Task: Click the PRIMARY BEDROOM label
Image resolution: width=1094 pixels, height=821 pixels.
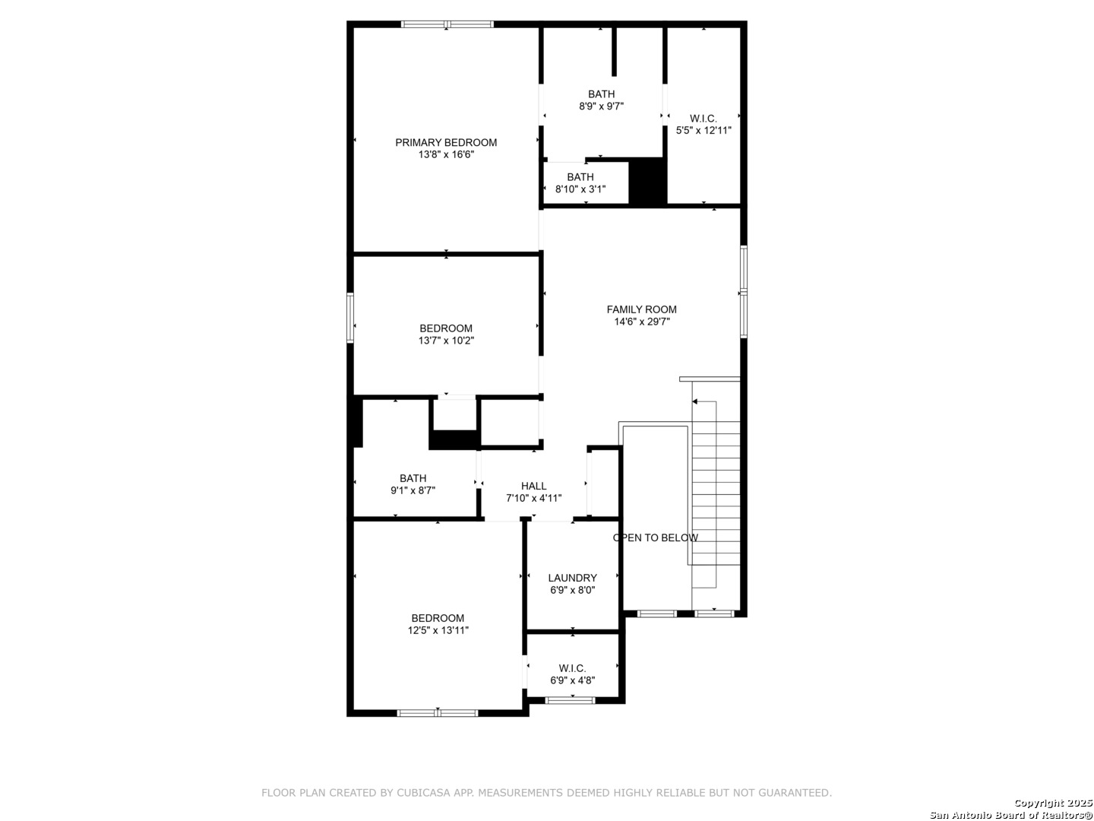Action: click(445, 143)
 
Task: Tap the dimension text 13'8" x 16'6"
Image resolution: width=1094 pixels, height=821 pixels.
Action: click(445, 154)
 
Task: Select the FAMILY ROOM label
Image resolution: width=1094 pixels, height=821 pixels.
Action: click(641, 309)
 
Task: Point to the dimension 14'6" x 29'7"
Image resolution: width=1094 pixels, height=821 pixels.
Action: click(641, 322)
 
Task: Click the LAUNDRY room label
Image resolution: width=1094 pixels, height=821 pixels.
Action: click(572, 579)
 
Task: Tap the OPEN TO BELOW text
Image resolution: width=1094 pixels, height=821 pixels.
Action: click(655, 538)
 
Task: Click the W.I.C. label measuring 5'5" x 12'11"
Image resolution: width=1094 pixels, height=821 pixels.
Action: click(704, 119)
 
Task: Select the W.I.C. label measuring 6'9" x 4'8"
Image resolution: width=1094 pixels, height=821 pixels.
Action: click(572, 668)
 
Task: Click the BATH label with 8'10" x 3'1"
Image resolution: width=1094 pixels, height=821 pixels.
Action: click(580, 177)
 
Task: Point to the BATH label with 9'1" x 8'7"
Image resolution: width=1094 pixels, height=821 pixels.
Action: click(413, 479)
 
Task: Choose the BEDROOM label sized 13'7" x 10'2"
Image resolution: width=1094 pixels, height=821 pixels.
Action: click(445, 328)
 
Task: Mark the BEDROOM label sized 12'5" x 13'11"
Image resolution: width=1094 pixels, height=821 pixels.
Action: click(438, 618)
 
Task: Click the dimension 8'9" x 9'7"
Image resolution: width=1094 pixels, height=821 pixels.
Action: click(601, 106)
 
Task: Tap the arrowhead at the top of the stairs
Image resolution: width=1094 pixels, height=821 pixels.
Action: click(695, 401)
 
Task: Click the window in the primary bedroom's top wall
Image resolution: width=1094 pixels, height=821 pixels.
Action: click(447, 24)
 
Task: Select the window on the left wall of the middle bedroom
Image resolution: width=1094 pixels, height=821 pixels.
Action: click(350, 318)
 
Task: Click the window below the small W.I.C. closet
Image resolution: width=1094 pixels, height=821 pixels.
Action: click(570, 700)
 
